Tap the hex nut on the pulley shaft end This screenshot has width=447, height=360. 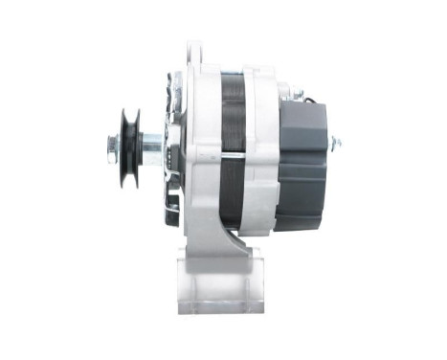click(x=110, y=146)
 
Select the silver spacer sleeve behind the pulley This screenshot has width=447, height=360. click(x=151, y=146)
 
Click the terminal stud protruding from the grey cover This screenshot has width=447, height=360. click(x=336, y=146)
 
